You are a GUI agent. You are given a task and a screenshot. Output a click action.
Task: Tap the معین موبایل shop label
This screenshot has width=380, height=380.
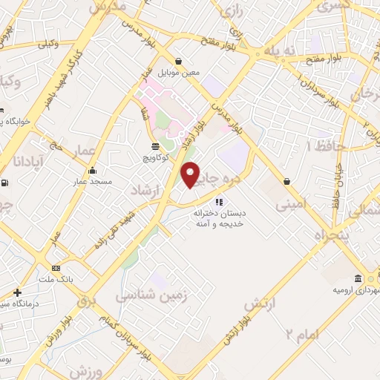[179, 72]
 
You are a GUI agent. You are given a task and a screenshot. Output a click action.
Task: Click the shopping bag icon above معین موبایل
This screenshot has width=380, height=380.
[179, 61]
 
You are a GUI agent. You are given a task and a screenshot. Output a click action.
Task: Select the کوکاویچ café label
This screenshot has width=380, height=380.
[155, 158]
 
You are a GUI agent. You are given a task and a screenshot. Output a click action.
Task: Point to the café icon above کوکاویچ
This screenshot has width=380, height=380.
[155, 147]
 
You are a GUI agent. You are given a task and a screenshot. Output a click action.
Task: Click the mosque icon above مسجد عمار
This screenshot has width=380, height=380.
[92, 170]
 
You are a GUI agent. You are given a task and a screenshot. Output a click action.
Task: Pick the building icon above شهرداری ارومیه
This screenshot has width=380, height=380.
[358, 278]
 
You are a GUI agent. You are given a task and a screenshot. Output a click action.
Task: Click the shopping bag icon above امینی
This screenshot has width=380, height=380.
[286, 181]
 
